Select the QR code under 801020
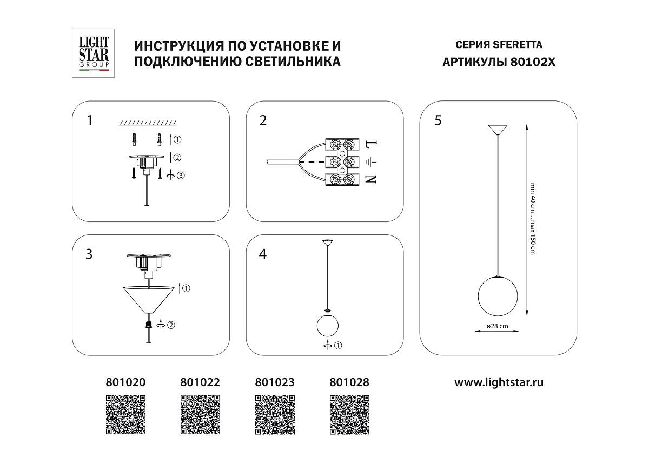(125, 415)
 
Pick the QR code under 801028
(349, 415)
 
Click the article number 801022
(200, 382)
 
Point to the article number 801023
(275, 382)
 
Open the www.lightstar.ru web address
(499, 382)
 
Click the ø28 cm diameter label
(497, 326)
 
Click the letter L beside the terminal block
(371, 145)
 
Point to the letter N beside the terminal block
(371, 179)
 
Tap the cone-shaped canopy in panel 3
(149, 298)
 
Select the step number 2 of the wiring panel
(263, 120)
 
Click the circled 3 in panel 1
(181, 175)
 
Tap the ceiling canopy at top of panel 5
(497, 130)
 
